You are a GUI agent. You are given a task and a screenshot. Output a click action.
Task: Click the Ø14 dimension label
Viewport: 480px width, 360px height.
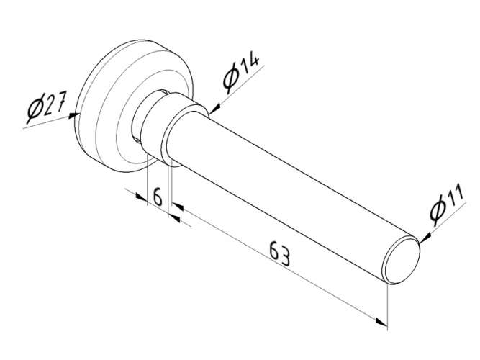click(240, 73)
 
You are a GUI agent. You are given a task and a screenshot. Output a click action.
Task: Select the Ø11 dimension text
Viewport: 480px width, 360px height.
click(447, 204)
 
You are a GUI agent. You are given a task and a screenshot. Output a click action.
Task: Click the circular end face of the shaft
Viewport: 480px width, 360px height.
click(401, 261)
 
